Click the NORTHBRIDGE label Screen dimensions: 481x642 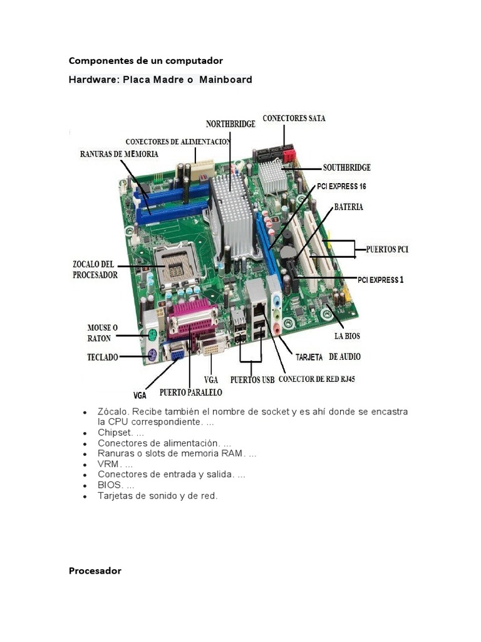(x=230, y=124)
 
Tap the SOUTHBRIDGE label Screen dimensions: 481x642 (x=346, y=167)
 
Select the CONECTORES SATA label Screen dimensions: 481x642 (x=294, y=118)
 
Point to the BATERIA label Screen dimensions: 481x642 (x=348, y=206)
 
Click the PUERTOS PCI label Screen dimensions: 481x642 (x=387, y=250)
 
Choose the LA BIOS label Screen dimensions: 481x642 (x=347, y=336)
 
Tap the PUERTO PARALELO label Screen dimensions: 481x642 (x=190, y=392)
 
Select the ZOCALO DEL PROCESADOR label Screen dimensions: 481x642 (x=95, y=270)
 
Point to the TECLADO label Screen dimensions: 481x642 (x=102, y=357)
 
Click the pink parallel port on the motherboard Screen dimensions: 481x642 (x=192, y=320)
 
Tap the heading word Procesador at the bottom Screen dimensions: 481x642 (x=95, y=571)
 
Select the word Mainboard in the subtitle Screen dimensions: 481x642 (x=225, y=80)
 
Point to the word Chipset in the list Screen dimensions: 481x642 (x=115, y=433)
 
